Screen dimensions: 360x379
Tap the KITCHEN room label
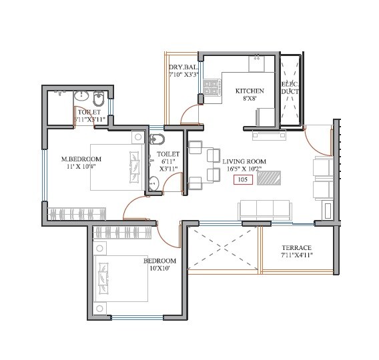click(250, 91)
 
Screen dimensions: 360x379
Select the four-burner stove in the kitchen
click(213, 87)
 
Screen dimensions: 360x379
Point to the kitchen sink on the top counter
click(258, 64)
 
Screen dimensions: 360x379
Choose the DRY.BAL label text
click(182, 67)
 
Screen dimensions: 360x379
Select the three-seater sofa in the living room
click(266, 209)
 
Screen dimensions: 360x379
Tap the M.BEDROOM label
click(81, 159)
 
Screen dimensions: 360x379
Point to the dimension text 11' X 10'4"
click(81, 167)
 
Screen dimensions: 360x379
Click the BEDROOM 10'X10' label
click(160, 265)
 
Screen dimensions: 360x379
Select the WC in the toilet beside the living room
click(157, 139)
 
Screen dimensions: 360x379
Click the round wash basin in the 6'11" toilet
click(153, 185)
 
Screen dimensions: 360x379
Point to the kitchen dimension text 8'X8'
click(250, 99)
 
